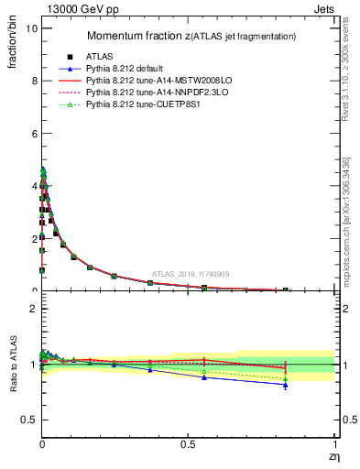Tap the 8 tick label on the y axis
tap(32, 81)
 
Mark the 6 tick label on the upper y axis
tap(32, 134)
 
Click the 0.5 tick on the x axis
tap(189, 446)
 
